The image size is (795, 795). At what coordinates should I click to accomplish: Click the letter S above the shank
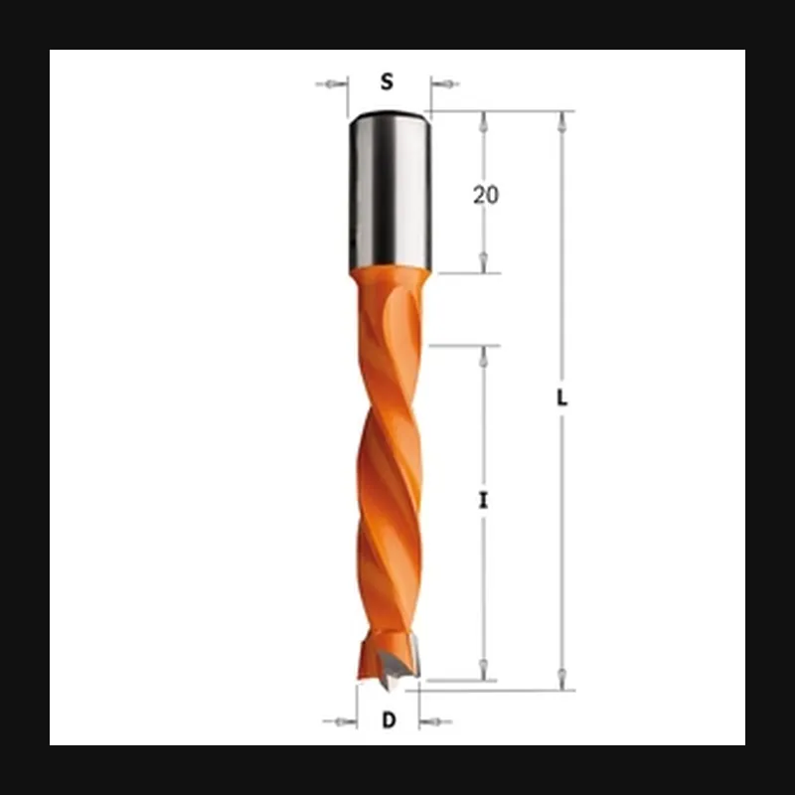click(x=387, y=81)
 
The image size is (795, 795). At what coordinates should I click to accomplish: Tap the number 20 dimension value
click(x=486, y=195)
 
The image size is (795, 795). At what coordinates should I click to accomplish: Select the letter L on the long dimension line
click(x=561, y=398)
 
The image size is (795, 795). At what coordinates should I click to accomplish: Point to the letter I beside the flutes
click(x=484, y=501)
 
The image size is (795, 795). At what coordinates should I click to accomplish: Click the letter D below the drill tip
click(x=389, y=720)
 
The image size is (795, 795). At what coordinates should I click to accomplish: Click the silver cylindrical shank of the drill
click(x=390, y=192)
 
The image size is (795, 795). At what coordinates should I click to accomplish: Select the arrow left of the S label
click(x=332, y=84)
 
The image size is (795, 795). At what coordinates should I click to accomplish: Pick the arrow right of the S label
click(x=445, y=84)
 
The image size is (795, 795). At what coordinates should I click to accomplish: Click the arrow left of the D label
click(x=340, y=721)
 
